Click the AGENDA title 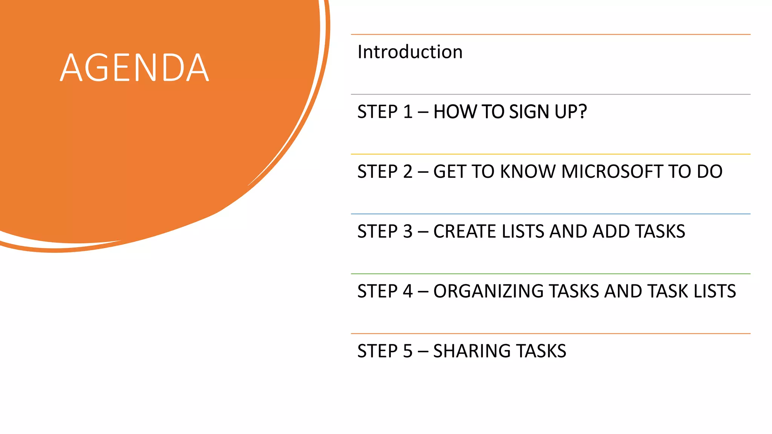coord(134,68)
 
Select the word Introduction coord(410,52)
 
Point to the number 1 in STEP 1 coord(408,112)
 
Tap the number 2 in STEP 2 coord(408,172)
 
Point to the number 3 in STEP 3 coord(408,231)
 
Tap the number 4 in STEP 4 coord(408,291)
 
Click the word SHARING coord(471,351)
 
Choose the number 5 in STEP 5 coord(408,351)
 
